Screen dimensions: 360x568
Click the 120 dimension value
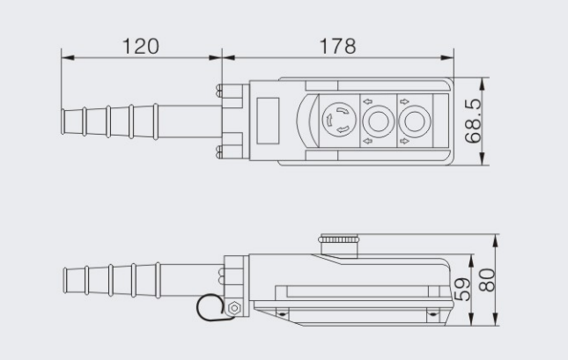click(x=141, y=46)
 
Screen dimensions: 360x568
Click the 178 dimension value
click(x=337, y=46)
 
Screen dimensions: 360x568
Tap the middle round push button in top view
click(x=378, y=121)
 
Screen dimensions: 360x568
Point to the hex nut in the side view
click(x=233, y=307)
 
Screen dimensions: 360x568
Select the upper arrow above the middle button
click(x=367, y=99)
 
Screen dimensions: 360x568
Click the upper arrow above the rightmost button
click(x=403, y=99)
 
